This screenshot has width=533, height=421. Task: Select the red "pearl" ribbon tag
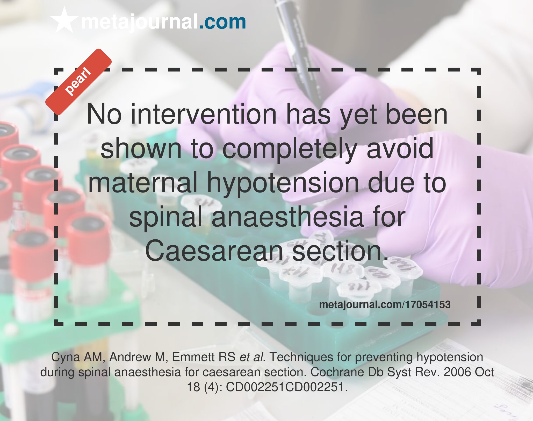pos(78,82)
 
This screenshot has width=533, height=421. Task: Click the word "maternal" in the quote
pos(143,183)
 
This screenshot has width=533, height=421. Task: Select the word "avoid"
pos(400,148)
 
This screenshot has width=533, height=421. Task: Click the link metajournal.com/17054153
pos(385,304)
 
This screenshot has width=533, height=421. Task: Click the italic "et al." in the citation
pos(253,357)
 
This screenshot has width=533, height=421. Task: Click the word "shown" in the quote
pos(141,148)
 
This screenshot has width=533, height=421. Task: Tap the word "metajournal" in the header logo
pos(140,23)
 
